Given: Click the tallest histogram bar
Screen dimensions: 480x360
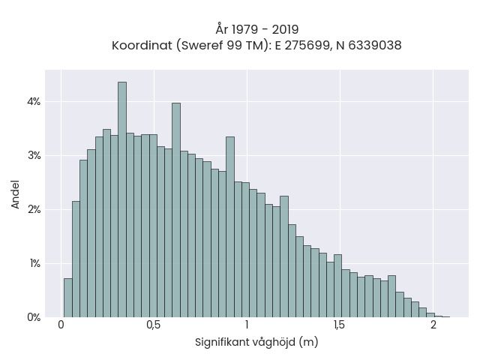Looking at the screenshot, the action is [122, 199].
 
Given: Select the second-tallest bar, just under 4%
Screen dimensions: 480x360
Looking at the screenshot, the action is [176, 210].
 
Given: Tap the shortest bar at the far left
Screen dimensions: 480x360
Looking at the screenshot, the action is [68, 298].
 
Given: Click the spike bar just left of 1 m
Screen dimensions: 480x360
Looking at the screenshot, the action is [230, 227].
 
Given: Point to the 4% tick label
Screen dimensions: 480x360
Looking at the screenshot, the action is [34, 102].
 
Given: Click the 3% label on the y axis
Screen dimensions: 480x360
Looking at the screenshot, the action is [34, 155].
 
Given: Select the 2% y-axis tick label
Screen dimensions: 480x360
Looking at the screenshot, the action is [34, 210].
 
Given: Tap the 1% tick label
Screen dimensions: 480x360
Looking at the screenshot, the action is [35, 263].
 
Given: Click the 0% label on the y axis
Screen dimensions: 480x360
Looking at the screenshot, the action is [34, 317].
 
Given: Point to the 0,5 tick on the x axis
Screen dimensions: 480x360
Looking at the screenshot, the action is [154, 325].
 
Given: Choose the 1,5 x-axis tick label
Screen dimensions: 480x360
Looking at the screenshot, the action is [340, 325].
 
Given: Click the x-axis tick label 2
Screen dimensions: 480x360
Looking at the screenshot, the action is [433, 325].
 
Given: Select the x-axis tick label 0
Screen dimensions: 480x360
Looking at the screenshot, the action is [61, 325].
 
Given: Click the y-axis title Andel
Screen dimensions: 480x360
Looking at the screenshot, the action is [15, 195].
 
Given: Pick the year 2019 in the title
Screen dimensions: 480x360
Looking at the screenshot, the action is [285, 30].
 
